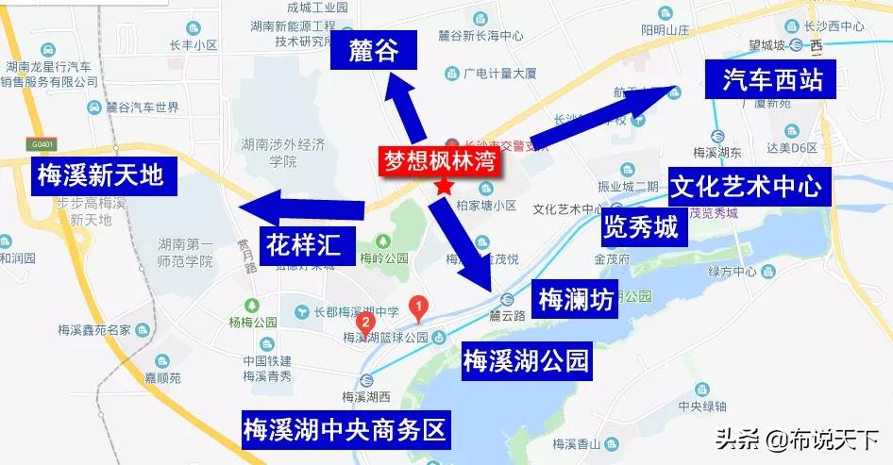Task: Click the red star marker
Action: click(x=443, y=187)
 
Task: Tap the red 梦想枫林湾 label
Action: click(x=441, y=160)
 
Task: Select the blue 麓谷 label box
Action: click(x=373, y=52)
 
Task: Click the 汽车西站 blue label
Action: click(x=772, y=80)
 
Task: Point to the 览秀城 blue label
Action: click(x=641, y=227)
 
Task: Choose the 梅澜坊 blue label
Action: click(x=575, y=299)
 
